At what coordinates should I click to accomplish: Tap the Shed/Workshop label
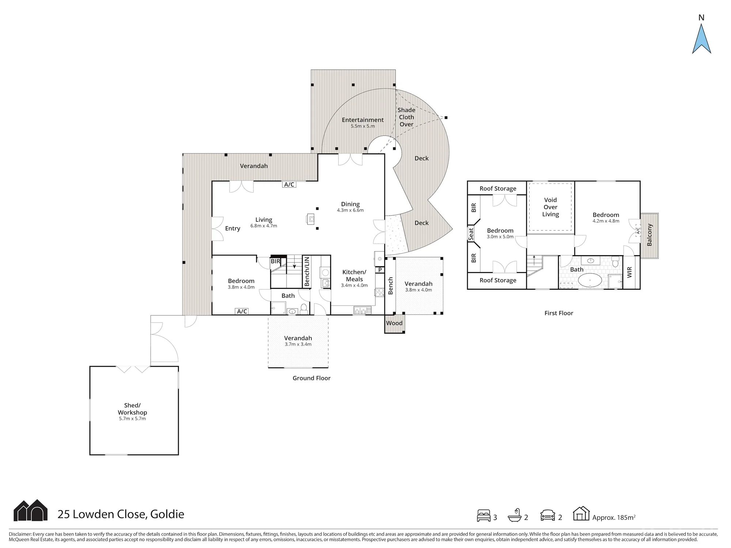pyautogui.click(x=132, y=409)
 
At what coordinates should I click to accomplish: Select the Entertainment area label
pyautogui.click(x=363, y=120)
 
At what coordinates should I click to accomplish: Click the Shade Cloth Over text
pyautogui.click(x=406, y=117)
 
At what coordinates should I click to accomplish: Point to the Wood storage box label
pyautogui.click(x=394, y=323)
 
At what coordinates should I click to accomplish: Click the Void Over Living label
pyautogui.click(x=550, y=207)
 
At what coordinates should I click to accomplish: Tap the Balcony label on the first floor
pyautogui.click(x=649, y=235)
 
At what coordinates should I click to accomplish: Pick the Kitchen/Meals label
pyautogui.click(x=354, y=275)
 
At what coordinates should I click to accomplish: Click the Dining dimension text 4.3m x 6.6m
pyautogui.click(x=350, y=210)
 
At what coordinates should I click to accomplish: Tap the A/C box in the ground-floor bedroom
pyautogui.click(x=242, y=311)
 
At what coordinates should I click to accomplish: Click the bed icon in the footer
pyautogui.click(x=484, y=515)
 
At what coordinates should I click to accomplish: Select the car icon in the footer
pyautogui.click(x=548, y=515)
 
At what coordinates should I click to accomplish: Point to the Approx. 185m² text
pyautogui.click(x=614, y=517)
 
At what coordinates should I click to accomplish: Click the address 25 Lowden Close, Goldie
pyautogui.click(x=121, y=514)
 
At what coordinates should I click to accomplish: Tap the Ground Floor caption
pyautogui.click(x=311, y=378)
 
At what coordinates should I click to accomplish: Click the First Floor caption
pyautogui.click(x=558, y=313)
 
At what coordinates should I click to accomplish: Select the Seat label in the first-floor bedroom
pyautogui.click(x=471, y=233)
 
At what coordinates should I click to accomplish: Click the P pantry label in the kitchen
pyautogui.click(x=380, y=270)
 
